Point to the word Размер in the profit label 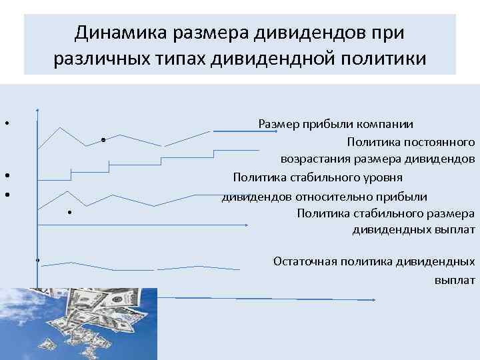click(x=279, y=124)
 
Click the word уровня click(x=380, y=177)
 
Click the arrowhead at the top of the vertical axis click(x=38, y=109)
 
